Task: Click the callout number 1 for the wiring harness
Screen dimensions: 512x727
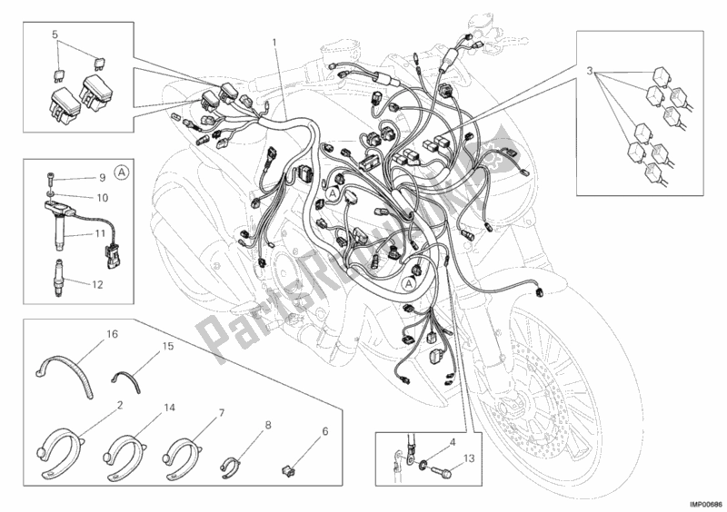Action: pos(273,42)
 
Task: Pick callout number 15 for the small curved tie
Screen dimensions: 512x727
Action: pos(167,347)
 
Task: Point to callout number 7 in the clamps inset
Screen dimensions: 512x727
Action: pos(220,414)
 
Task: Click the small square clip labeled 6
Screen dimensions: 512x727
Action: pos(289,471)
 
